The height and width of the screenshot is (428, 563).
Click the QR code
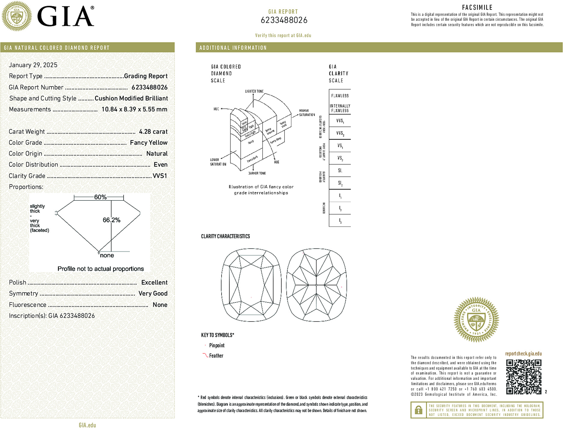pyautogui.click(x=524, y=377)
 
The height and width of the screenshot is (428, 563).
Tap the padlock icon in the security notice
pyautogui.click(x=418, y=410)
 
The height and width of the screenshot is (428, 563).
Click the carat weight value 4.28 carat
pyautogui.click(x=153, y=132)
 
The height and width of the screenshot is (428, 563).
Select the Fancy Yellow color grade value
pyautogui.click(x=148, y=143)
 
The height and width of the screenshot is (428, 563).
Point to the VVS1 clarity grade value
pyautogui.click(x=160, y=176)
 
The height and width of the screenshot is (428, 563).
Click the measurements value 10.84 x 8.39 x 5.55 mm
pyautogui.click(x=134, y=109)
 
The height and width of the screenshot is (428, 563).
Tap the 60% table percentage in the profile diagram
pyautogui.click(x=100, y=197)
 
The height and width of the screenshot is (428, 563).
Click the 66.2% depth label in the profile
pyautogui.click(x=111, y=220)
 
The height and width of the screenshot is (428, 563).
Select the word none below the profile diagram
pyautogui.click(x=107, y=256)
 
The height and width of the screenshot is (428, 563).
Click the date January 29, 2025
pyautogui.click(x=33, y=65)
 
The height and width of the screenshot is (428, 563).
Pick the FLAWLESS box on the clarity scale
pyautogui.click(x=340, y=96)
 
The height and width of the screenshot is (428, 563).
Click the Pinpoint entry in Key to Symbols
pyautogui.click(x=217, y=346)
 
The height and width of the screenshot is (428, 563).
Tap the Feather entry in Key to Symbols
pyautogui.click(x=216, y=356)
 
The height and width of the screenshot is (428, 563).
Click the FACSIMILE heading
pyautogui.click(x=477, y=8)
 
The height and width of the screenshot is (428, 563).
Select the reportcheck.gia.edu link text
pyautogui.click(x=523, y=354)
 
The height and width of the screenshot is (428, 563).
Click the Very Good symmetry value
pyautogui.click(x=153, y=293)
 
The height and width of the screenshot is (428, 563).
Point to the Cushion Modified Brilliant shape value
pyautogui.click(x=131, y=98)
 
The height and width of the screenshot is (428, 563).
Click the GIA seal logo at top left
pyautogui.click(x=17, y=16)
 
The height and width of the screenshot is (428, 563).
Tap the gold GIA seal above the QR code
pyautogui.click(x=476, y=320)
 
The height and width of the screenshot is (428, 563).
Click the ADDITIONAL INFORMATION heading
pyautogui.click(x=233, y=48)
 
